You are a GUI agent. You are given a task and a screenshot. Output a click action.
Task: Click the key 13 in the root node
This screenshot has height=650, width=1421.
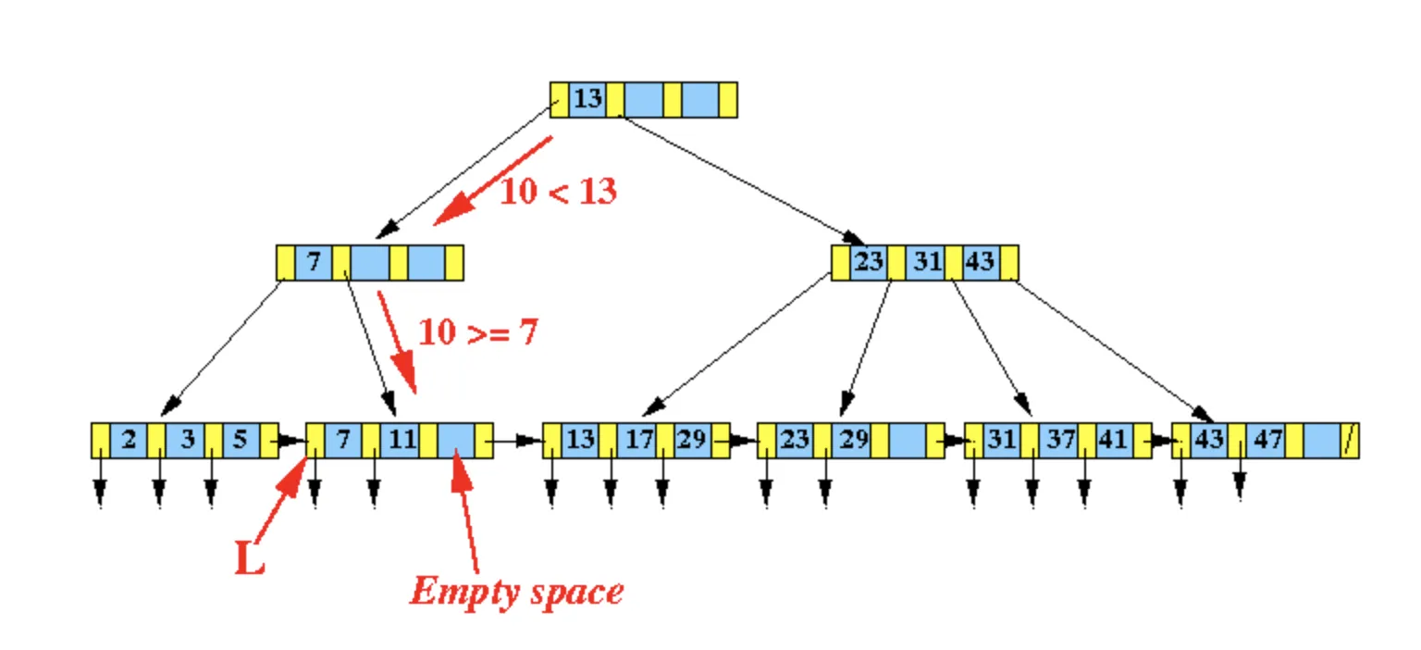(587, 99)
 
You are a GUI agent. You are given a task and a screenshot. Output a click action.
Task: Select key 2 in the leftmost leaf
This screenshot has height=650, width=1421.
(129, 439)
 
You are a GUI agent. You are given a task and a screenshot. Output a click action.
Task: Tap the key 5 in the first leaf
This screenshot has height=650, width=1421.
(240, 439)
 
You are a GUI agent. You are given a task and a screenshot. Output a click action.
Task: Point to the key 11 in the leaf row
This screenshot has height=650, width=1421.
(402, 439)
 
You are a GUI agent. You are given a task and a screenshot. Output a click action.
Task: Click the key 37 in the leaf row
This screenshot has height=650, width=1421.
(1059, 439)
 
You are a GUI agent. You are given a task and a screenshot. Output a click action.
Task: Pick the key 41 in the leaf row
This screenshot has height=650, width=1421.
(1111, 439)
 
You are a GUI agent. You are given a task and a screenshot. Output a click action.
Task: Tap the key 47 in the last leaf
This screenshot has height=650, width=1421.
(1267, 439)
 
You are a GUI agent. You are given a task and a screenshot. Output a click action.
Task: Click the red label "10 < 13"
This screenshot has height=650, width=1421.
(558, 192)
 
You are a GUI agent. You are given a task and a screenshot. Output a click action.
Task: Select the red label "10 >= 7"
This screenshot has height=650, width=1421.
(477, 332)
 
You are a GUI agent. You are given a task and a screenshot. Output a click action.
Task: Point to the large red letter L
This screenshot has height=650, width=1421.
(250, 557)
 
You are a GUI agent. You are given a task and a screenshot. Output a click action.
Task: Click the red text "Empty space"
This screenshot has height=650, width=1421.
(516, 591)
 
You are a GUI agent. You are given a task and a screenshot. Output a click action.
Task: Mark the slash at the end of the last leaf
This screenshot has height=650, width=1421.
(1351, 440)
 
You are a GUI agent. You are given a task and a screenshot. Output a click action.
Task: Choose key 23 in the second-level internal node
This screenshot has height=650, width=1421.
(868, 262)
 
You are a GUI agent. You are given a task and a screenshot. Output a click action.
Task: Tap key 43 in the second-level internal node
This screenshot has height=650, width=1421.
(980, 262)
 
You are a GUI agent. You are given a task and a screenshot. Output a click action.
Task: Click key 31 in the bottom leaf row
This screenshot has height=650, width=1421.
(1001, 439)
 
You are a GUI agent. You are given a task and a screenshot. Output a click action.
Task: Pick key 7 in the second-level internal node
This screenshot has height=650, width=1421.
(314, 262)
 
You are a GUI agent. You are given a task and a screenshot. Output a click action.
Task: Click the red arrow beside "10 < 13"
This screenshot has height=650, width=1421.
(493, 180)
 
